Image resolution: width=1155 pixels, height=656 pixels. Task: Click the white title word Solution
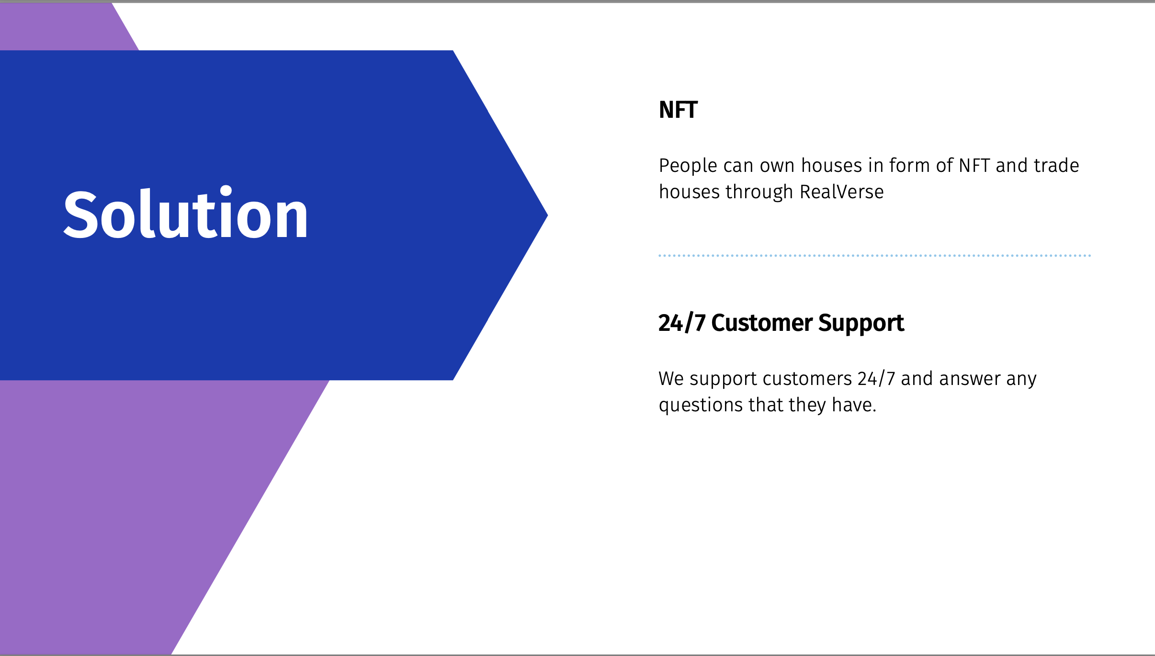tap(186, 213)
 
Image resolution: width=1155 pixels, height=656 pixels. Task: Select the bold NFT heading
tap(678, 110)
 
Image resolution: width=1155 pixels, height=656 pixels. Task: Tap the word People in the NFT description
tap(688, 166)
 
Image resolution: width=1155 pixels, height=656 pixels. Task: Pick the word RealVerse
tap(841, 192)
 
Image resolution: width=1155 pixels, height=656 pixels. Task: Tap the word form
tap(910, 165)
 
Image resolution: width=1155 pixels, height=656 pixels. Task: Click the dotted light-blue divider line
tap(874, 256)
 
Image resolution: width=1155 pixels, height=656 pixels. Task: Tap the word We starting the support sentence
tap(671, 378)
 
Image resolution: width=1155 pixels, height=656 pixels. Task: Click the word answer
tap(970, 379)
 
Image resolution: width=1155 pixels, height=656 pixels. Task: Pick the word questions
tap(701, 406)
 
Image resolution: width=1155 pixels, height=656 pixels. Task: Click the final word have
tap(854, 405)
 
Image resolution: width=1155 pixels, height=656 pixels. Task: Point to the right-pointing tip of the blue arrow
tap(547, 215)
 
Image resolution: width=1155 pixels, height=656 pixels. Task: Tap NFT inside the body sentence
tap(974, 166)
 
